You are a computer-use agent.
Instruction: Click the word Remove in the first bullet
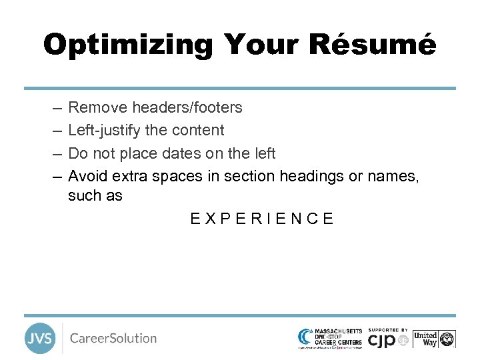[98, 107]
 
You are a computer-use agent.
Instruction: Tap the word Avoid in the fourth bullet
[88, 176]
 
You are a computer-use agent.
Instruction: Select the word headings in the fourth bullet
[309, 176]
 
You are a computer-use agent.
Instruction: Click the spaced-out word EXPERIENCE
[262, 219]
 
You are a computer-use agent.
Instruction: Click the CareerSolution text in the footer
[113, 338]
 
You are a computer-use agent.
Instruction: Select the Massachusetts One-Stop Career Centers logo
[330, 337]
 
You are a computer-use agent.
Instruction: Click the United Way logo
[434, 339]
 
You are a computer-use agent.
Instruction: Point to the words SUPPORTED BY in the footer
[387, 330]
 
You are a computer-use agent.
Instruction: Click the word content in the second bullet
[200, 130]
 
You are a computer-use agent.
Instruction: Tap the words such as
[95, 196]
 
